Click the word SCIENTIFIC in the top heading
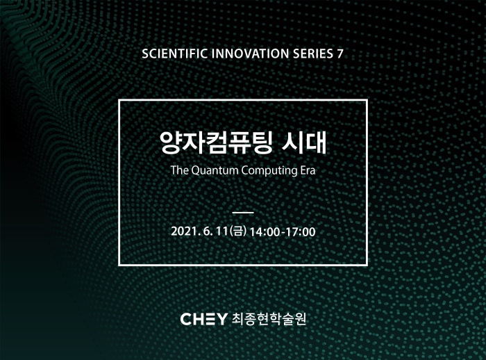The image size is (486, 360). (174, 54)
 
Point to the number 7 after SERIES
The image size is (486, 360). (340, 54)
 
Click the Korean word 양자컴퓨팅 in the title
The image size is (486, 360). (217, 142)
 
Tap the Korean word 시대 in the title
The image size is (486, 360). (304, 142)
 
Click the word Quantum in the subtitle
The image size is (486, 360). (215, 170)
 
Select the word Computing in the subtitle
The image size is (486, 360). (269, 171)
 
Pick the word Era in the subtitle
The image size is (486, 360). (308, 170)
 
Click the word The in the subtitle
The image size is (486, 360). (179, 170)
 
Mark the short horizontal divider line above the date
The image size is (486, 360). (243, 213)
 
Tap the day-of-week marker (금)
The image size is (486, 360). (238, 231)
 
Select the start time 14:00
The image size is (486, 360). (265, 232)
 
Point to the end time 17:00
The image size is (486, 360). (301, 232)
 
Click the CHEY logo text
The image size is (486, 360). (203, 319)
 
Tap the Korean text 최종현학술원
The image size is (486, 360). (269, 319)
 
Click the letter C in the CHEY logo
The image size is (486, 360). (185, 319)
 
